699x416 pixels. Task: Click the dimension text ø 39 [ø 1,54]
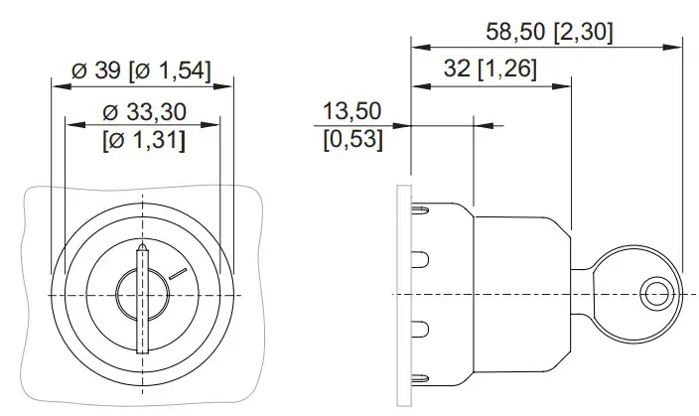pyautogui.click(x=142, y=70)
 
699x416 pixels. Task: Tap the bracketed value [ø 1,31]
pyautogui.click(x=142, y=140)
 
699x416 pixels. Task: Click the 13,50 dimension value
pyautogui.click(x=352, y=109)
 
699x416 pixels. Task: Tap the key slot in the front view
pyautogui.click(x=143, y=298)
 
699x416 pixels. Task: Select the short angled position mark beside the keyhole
pyautogui.click(x=177, y=270)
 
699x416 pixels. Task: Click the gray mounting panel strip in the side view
pyautogui.click(x=402, y=295)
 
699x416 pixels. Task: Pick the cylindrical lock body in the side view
pyautogui.click(x=521, y=295)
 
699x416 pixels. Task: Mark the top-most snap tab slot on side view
pyautogui.click(x=420, y=210)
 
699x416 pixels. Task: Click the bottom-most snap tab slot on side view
pyautogui.click(x=420, y=377)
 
